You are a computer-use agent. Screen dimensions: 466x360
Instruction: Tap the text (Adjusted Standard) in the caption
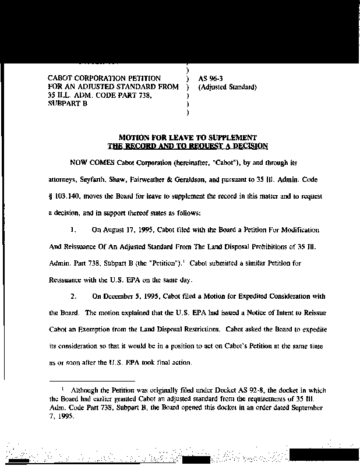(x=227, y=87)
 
